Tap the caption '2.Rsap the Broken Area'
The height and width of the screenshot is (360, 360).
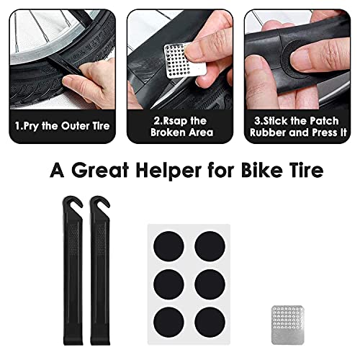pos(179,127)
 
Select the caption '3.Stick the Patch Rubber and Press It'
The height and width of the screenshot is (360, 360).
pos(297,127)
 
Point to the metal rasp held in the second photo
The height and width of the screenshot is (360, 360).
pos(179,56)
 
